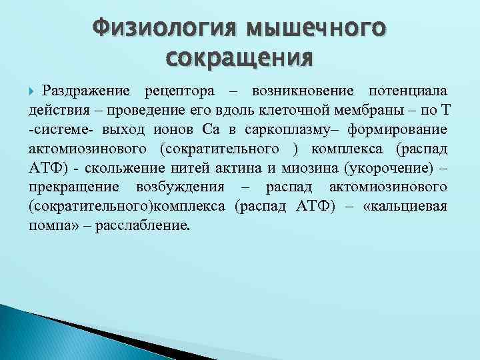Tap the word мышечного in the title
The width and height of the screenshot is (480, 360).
coord(316,29)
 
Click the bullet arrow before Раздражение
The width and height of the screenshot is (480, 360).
coord(35,90)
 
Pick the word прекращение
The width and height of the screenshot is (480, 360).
coord(73,187)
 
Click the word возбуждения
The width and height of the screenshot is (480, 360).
coord(179,187)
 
